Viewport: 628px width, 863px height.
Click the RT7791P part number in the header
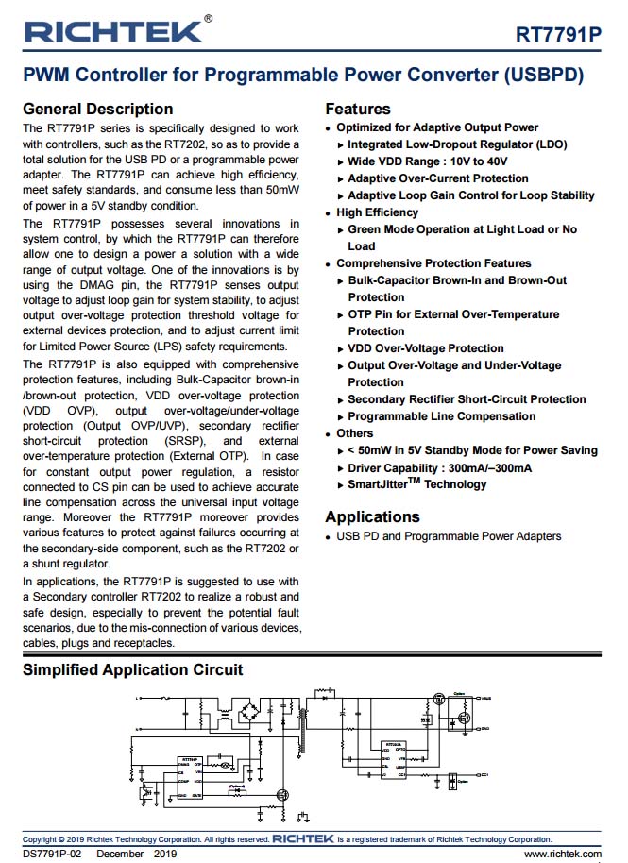(x=557, y=35)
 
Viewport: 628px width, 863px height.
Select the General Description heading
(x=97, y=109)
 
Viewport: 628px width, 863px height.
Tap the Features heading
(x=357, y=109)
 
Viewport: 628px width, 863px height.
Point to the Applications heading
(x=372, y=516)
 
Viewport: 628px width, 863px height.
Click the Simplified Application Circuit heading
(x=132, y=669)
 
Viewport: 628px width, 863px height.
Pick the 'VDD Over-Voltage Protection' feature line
(x=425, y=348)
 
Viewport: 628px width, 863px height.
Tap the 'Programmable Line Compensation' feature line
(x=441, y=416)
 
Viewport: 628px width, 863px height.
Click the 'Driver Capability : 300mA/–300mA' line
(x=439, y=467)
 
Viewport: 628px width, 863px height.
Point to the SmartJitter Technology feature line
(x=416, y=484)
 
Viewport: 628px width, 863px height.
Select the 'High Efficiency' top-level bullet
(x=377, y=212)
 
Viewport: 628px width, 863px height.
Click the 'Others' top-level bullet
(x=354, y=433)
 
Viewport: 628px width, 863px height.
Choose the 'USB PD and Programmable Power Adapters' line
(x=449, y=536)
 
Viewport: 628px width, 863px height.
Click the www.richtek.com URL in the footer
(x=562, y=854)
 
